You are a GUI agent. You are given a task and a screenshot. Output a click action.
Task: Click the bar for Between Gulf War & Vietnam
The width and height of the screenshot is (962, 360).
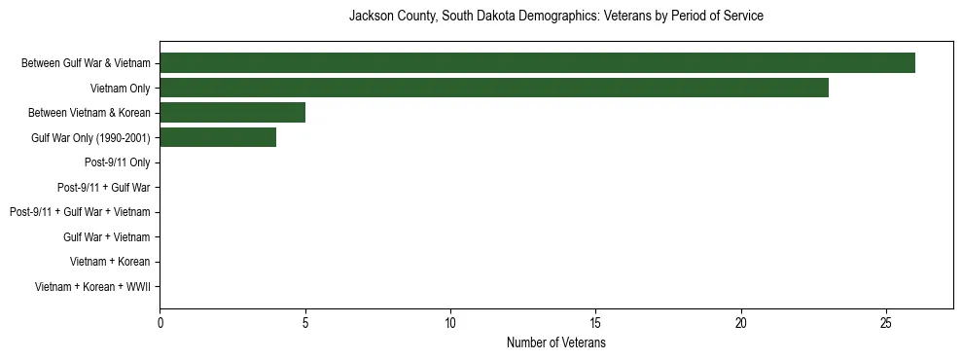(x=537, y=63)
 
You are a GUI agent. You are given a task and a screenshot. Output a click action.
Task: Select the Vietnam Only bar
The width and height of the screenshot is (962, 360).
(x=494, y=88)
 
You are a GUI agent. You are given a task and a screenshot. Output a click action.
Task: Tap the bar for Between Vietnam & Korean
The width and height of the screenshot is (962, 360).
(x=232, y=113)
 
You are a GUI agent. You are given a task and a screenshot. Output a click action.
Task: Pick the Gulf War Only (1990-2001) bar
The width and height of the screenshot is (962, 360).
(x=218, y=137)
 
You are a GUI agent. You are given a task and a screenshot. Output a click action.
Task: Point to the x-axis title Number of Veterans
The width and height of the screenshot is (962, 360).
(x=555, y=343)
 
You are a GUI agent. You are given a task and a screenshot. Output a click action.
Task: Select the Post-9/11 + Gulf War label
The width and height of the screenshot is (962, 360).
(x=104, y=187)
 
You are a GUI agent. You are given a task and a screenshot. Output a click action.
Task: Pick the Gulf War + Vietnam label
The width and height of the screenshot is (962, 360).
(x=107, y=236)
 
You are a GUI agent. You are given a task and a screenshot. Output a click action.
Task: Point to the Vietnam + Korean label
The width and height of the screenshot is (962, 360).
(x=110, y=262)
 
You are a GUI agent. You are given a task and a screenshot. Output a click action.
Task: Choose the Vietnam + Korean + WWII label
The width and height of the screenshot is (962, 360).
(x=92, y=286)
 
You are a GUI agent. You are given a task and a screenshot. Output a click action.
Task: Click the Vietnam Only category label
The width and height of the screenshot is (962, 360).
(x=120, y=89)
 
